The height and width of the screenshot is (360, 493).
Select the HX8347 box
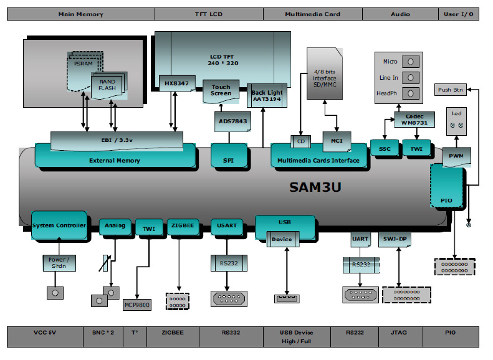pyautogui.click(x=177, y=83)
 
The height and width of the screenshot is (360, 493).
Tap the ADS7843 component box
pyautogui.click(x=231, y=121)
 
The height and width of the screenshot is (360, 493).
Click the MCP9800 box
pyautogui.click(x=137, y=305)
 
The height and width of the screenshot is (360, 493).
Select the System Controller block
pyautogui.click(x=59, y=225)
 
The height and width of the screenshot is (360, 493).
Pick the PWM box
pyautogui.click(x=457, y=156)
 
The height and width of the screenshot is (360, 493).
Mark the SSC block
pyautogui.click(x=384, y=148)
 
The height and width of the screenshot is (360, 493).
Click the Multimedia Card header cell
pyautogui.click(x=312, y=14)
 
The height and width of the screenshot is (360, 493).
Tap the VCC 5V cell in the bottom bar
pyautogui.click(x=45, y=333)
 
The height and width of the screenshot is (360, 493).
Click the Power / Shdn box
pyautogui.click(x=59, y=262)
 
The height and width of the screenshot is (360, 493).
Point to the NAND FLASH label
pyautogui.click(x=107, y=85)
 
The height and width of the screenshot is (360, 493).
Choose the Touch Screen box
pyautogui.click(x=221, y=90)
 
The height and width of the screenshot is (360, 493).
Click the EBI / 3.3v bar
pyautogui.click(x=117, y=140)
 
